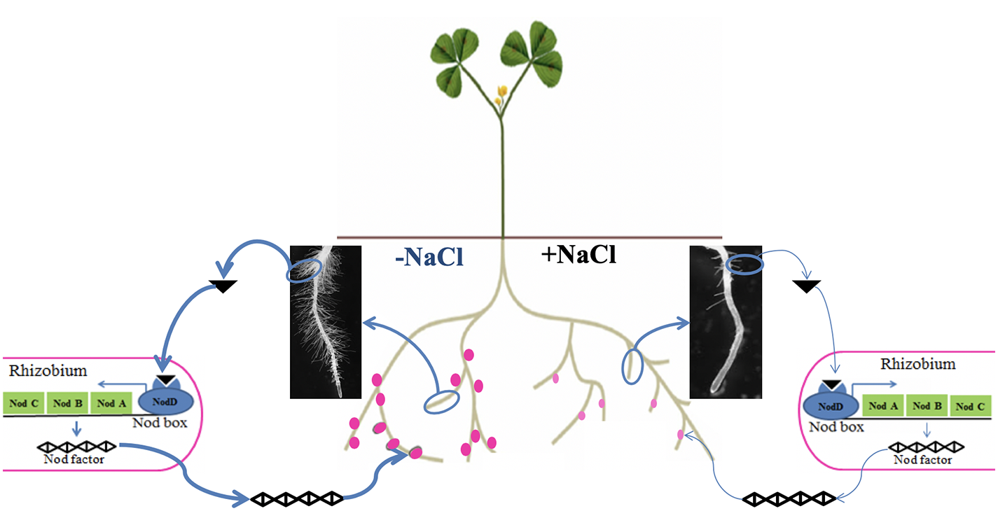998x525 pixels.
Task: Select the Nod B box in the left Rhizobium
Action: point(68,403)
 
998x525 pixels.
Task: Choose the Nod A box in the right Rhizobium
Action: point(883,405)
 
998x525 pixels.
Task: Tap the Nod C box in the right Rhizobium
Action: point(970,406)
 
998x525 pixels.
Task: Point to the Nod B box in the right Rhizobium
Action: point(927,405)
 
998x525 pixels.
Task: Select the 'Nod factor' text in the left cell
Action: point(74,459)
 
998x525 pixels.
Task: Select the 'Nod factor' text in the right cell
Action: point(923,460)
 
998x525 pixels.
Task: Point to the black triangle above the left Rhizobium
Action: point(223,286)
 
